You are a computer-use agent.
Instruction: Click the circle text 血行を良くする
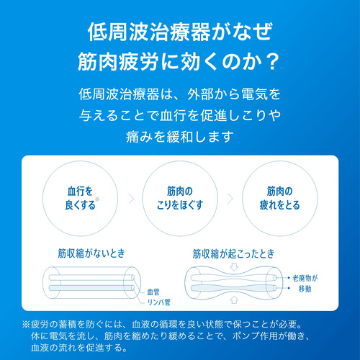(x=80, y=198)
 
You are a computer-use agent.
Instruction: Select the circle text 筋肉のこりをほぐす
(x=180, y=198)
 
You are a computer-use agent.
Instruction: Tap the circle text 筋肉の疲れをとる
(x=280, y=198)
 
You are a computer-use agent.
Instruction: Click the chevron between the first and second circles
(x=131, y=199)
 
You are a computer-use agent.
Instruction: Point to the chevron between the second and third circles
(x=230, y=199)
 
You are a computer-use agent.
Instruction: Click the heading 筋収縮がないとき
(x=91, y=253)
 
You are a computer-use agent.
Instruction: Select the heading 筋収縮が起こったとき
(x=233, y=253)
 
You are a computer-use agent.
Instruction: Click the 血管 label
(x=153, y=292)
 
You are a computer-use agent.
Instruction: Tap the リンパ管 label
(x=158, y=302)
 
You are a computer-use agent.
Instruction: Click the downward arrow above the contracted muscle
(x=234, y=267)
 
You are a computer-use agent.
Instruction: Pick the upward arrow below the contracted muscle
(x=234, y=300)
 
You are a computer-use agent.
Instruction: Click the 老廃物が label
(x=305, y=278)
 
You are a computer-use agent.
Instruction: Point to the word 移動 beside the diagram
(x=305, y=289)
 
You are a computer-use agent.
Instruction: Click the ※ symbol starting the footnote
(x=26, y=325)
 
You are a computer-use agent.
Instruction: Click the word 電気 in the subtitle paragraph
(x=254, y=94)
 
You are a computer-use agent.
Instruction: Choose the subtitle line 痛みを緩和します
(x=180, y=137)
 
